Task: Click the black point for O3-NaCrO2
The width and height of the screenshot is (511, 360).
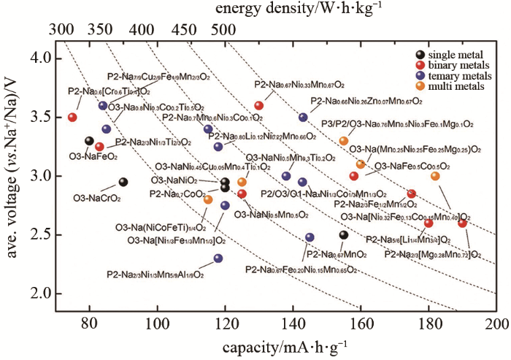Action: [123, 182]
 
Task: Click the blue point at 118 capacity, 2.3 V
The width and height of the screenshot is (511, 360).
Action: [218, 258]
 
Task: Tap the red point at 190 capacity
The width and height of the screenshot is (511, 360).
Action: [462, 223]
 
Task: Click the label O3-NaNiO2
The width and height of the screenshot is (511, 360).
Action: [174, 180]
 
